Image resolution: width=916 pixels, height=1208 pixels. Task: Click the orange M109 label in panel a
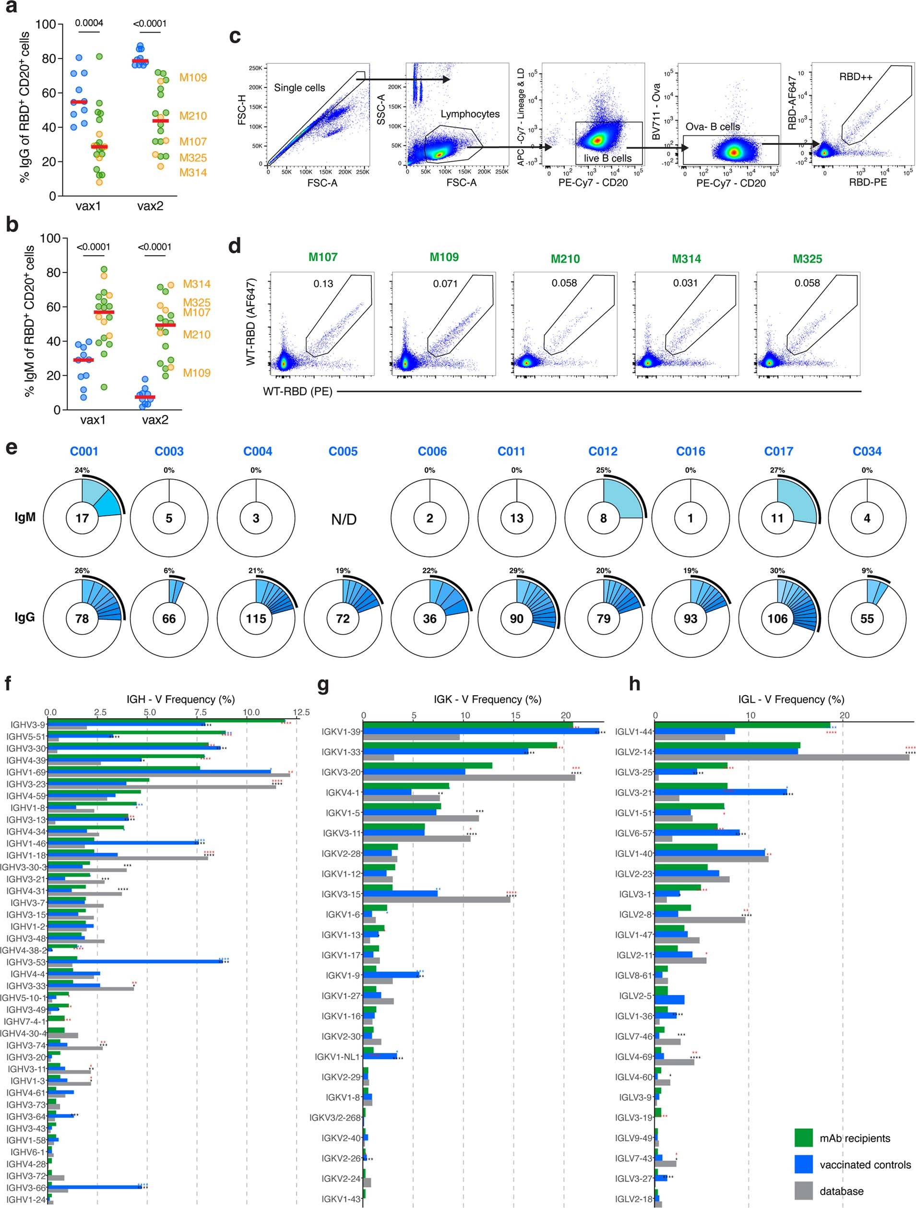coord(193,78)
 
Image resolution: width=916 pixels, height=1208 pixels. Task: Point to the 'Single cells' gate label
coord(299,87)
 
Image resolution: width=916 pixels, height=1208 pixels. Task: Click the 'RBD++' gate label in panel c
coord(855,77)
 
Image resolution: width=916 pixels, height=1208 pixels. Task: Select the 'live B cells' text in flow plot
coord(607,158)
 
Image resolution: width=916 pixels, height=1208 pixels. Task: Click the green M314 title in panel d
coord(686,259)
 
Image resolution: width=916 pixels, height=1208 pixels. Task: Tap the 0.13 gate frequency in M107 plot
coord(323,284)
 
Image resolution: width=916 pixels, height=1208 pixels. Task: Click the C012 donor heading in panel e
coord(603,451)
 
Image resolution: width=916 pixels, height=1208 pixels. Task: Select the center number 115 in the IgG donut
coord(256,619)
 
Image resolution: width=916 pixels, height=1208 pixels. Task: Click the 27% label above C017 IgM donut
coord(777,470)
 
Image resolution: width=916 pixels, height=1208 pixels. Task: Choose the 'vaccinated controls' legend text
coord(865,1165)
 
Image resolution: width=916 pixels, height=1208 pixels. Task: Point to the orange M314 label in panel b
coord(197,284)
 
